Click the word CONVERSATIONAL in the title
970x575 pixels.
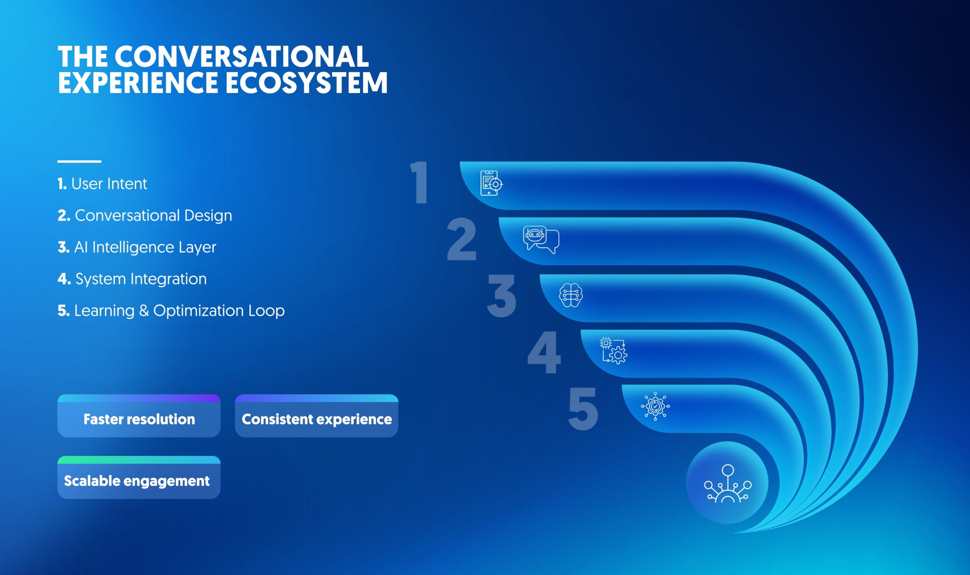(241, 56)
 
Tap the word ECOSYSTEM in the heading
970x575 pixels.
(306, 82)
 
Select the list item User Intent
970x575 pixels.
(102, 184)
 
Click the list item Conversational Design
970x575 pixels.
(145, 216)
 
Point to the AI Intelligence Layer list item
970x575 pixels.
(137, 248)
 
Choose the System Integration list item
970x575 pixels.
(132, 279)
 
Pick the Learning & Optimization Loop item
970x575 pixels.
(171, 311)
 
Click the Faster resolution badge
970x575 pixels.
(139, 416)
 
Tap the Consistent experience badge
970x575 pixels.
(316, 416)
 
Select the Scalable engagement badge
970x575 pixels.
(139, 477)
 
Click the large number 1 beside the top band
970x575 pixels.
(419, 182)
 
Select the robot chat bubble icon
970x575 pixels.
(541, 240)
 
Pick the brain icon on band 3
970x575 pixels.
(571, 295)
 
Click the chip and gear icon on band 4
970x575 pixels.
(613, 351)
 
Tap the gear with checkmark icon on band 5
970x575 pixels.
(655, 406)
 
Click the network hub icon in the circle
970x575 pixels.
(727, 484)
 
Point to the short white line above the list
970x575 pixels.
(80, 161)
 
